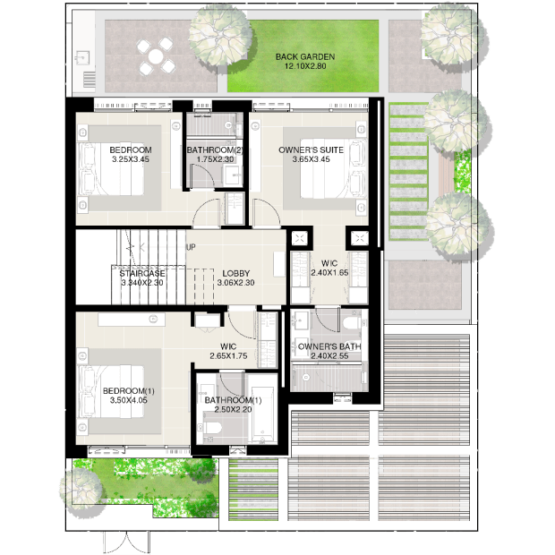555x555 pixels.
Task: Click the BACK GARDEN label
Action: (305, 56)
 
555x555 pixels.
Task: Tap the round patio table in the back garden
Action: (156, 56)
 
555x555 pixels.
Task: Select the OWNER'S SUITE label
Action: (311, 150)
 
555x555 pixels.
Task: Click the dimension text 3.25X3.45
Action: (131, 159)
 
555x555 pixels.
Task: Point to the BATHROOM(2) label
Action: (215, 150)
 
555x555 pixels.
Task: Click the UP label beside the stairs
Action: (191, 247)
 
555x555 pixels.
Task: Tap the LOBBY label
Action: (236, 273)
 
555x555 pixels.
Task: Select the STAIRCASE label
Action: (142, 273)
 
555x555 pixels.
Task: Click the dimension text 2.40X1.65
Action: (329, 272)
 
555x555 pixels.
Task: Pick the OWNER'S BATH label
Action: (329, 346)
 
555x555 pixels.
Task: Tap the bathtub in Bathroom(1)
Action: (262, 415)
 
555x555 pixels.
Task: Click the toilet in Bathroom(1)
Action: (212, 428)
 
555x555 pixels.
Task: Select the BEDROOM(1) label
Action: (129, 391)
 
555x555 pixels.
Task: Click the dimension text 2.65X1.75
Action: (228, 355)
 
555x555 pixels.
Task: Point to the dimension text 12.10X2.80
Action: (305, 66)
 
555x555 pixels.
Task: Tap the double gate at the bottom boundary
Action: (127, 542)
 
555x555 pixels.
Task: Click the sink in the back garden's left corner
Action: (83, 57)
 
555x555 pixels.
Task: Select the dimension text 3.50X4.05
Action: (129, 400)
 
